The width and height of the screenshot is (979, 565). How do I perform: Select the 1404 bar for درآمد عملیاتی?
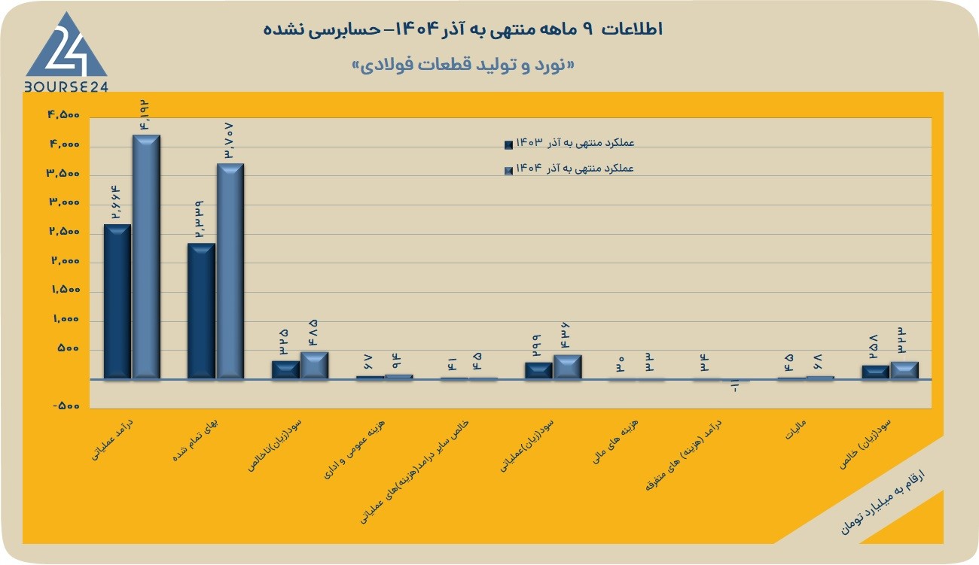point(146,257)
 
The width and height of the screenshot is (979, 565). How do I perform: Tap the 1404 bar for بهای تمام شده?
point(230,271)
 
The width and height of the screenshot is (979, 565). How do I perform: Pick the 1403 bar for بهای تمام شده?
point(201,311)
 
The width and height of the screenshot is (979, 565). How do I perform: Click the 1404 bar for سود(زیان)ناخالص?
point(314,365)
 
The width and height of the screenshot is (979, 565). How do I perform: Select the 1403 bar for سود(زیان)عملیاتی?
point(538,370)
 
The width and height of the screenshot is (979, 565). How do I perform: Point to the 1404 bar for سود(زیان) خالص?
point(904,370)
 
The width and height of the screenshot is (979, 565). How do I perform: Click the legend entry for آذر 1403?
point(569,143)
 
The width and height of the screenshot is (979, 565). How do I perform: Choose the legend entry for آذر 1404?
point(569,169)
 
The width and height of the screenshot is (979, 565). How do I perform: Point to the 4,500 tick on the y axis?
point(64,115)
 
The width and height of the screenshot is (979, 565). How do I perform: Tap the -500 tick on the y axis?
point(66,406)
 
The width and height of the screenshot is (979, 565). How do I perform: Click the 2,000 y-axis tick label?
point(66,260)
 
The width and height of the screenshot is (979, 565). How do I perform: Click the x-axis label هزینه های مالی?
point(615,441)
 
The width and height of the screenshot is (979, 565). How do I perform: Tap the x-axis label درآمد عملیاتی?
point(112,440)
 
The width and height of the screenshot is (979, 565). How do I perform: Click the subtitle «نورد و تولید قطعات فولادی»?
point(463,65)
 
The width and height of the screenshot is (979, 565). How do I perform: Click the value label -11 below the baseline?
point(735,387)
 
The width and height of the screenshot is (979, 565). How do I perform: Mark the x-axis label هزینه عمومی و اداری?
point(354,449)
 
